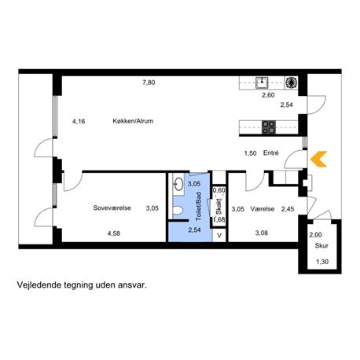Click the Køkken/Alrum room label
[133, 121]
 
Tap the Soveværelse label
[112, 208]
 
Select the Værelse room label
[263, 209]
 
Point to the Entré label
[271, 152]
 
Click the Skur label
[321, 246]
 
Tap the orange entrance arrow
[319, 159]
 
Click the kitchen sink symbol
[262, 83]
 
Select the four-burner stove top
[269, 127]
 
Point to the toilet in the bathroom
[178, 211]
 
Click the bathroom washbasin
[179, 184]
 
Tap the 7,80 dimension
[149, 83]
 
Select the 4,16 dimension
[79, 121]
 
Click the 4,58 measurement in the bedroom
[114, 233]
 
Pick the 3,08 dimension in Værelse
[262, 233]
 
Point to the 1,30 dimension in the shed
[322, 262]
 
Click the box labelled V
[219, 235]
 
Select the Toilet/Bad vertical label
[198, 206]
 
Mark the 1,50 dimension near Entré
[250, 153]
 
